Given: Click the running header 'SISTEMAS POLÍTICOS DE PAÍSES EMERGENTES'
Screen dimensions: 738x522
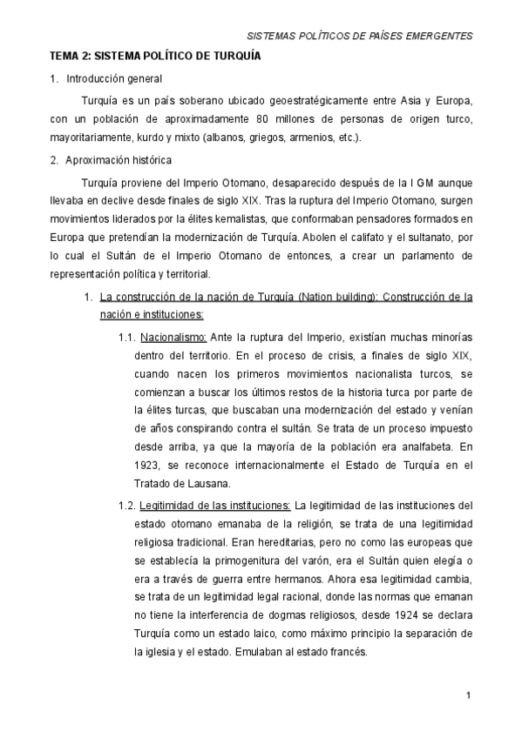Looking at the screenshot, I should point(360,37).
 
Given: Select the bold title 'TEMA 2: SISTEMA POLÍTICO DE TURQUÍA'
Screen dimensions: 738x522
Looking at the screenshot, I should point(155,57).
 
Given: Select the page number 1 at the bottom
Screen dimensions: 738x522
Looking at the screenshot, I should point(468,695).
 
